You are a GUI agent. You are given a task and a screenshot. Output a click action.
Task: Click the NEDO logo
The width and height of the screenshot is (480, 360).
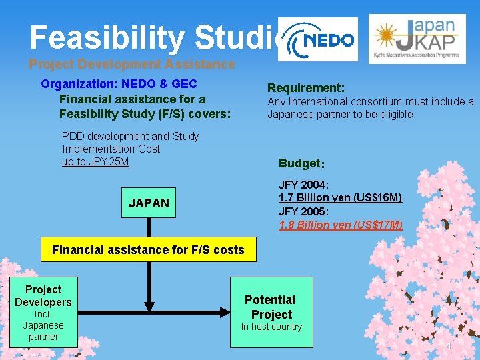(x=319, y=40)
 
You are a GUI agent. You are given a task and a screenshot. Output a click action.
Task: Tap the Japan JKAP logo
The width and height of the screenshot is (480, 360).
(x=417, y=39)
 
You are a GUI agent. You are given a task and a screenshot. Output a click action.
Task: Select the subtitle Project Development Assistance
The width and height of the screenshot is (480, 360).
(x=132, y=65)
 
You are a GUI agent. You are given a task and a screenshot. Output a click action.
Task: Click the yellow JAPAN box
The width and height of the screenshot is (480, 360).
(x=149, y=203)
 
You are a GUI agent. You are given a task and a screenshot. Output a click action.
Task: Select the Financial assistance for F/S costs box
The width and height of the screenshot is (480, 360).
(x=148, y=250)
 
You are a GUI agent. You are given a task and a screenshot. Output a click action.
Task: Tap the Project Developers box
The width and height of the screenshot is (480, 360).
(x=43, y=312)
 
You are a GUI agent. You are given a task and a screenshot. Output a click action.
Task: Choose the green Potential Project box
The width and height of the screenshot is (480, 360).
(x=271, y=312)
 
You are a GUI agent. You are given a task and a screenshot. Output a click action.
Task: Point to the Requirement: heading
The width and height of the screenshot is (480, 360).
(x=306, y=88)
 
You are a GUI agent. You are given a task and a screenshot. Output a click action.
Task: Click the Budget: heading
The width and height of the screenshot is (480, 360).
(x=301, y=164)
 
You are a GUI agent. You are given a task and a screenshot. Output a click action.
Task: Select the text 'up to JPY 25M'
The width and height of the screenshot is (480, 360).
(x=95, y=162)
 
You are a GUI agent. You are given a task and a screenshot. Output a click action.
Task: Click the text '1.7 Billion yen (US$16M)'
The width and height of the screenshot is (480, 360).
(x=340, y=198)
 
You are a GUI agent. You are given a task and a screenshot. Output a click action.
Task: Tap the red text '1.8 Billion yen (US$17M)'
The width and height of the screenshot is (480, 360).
(x=340, y=225)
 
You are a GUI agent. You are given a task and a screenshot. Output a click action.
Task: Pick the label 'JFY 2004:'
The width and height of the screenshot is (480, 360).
(x=304, y=185)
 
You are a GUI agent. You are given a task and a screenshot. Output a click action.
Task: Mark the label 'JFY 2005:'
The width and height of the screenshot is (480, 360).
(x=304, y=211)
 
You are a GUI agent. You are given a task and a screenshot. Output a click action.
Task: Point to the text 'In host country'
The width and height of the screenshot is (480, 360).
(x=271, y=327)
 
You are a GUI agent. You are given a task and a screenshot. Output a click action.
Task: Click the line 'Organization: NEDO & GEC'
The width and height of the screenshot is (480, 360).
(x=119, y=84)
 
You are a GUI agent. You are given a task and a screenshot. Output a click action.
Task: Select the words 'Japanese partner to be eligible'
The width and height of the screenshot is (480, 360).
(x=340, y=114)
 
